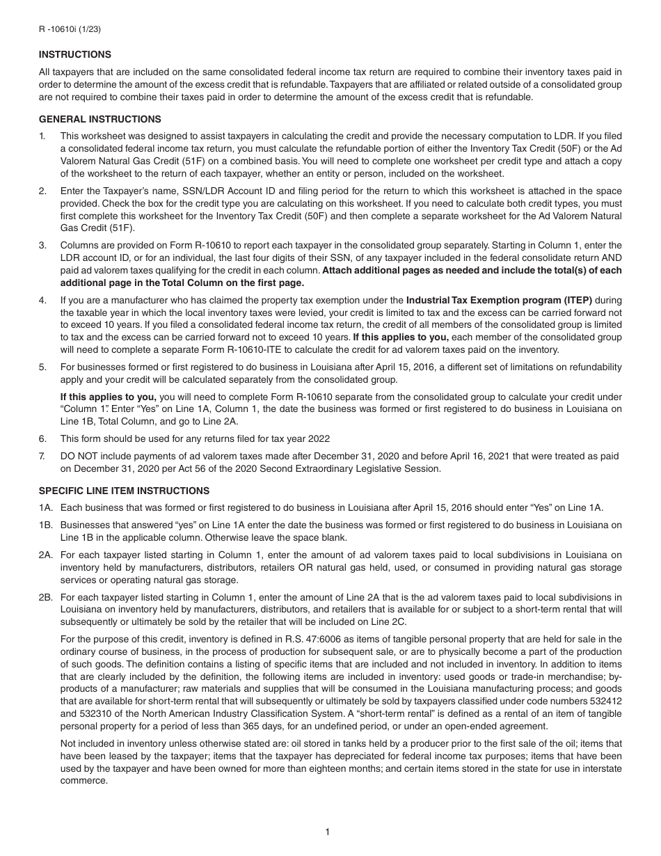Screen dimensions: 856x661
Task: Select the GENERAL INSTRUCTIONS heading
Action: (99, 119)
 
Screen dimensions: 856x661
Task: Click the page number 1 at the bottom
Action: (327, 832)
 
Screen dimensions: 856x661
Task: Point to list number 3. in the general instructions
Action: (42, 245)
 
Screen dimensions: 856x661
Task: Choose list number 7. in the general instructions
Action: (42, 457)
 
